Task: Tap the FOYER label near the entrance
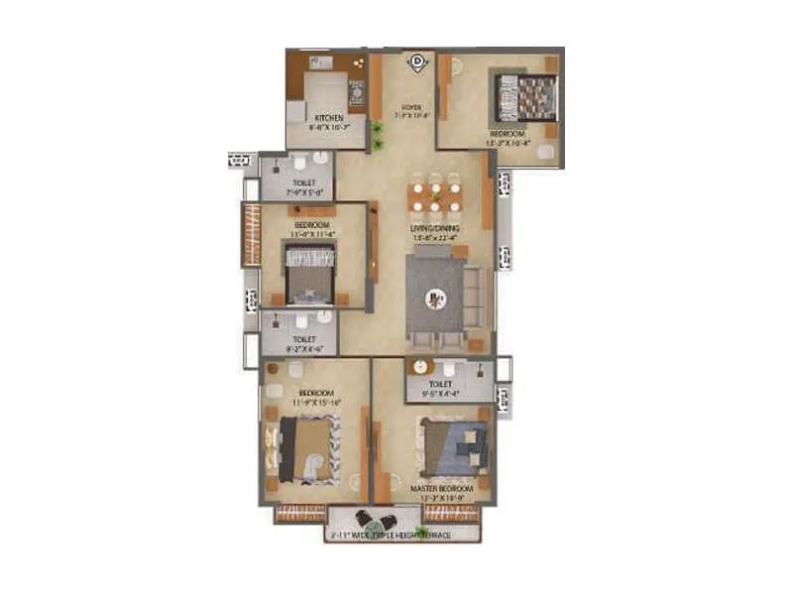pyautogui.click(x=410, y=107)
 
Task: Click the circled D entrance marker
pyautogui.click(x=417, y=61)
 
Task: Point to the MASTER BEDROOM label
pyautogui.click(x=441, y=489)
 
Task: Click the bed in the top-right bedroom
pyautogui.click(x=526, y=98)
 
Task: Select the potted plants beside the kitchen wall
pyautogui.click(x=378, y=136)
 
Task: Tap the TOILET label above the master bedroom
pyautogui.click(x=440, y=383)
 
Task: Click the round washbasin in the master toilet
pyautogui.click(x=421, y=367)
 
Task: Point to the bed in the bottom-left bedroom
pyautogui.click(x=308, y=448)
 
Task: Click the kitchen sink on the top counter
pyautogui.click(x=319, y=62)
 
